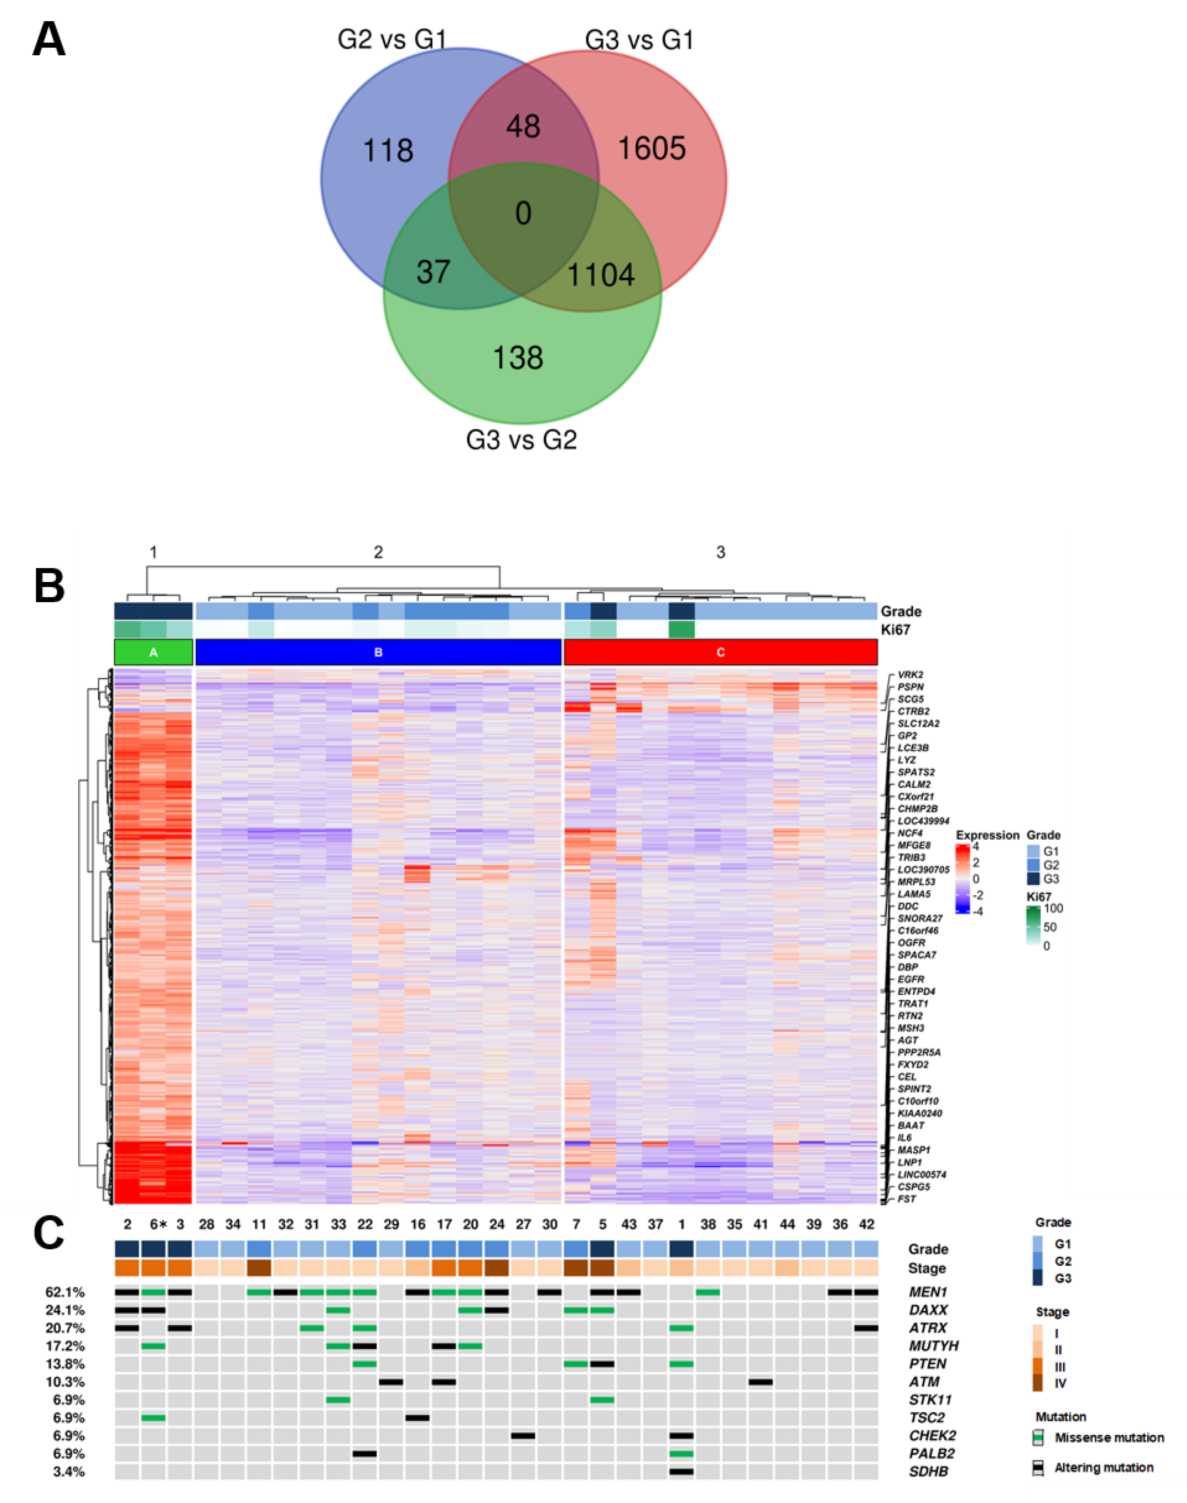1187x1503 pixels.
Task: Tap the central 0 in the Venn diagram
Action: click(523, 213)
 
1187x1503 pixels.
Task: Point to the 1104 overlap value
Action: click(601, 275)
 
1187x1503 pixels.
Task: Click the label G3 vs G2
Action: click(521, 440)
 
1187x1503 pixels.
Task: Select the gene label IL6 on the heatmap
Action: click(904, 1137)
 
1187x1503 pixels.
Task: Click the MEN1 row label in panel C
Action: click(928, 1292)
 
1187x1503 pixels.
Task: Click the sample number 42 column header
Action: click(866, 1224)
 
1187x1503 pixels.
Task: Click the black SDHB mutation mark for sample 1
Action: click(681, 1471)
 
